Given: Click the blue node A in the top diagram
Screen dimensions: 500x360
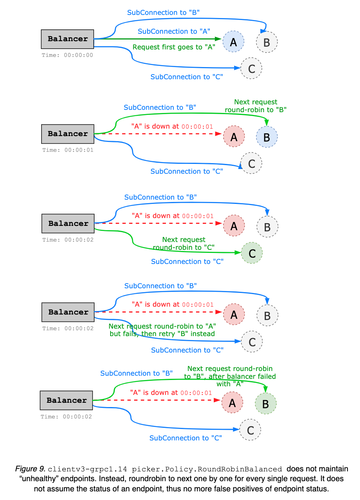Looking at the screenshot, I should point(233,42).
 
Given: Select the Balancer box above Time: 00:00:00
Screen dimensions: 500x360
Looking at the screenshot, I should point(67,39).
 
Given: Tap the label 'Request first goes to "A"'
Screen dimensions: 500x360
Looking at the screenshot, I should point(175,47).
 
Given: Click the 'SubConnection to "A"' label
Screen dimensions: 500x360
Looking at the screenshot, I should point(174,31).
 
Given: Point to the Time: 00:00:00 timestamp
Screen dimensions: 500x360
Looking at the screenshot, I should point(67,55).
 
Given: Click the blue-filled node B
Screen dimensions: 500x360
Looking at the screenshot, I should point(267,137).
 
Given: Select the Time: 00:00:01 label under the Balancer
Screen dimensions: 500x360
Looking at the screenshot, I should point(67,150).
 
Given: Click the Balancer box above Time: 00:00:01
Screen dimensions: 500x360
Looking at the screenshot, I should point(67,134).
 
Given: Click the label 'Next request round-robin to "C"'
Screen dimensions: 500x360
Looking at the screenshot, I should point(184,244).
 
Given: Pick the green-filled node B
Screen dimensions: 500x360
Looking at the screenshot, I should point(265,403).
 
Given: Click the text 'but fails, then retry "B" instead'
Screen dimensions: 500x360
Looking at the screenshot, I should point(162,334).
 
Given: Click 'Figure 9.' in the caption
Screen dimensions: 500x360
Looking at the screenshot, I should point(30,469).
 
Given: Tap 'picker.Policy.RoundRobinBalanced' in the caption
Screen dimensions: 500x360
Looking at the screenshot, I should point(207,469).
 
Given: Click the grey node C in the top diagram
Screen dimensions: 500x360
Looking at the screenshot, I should point(251,69).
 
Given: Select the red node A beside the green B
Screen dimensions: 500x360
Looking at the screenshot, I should point(232,403).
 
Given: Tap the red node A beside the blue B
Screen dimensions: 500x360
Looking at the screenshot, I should point(234,137).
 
